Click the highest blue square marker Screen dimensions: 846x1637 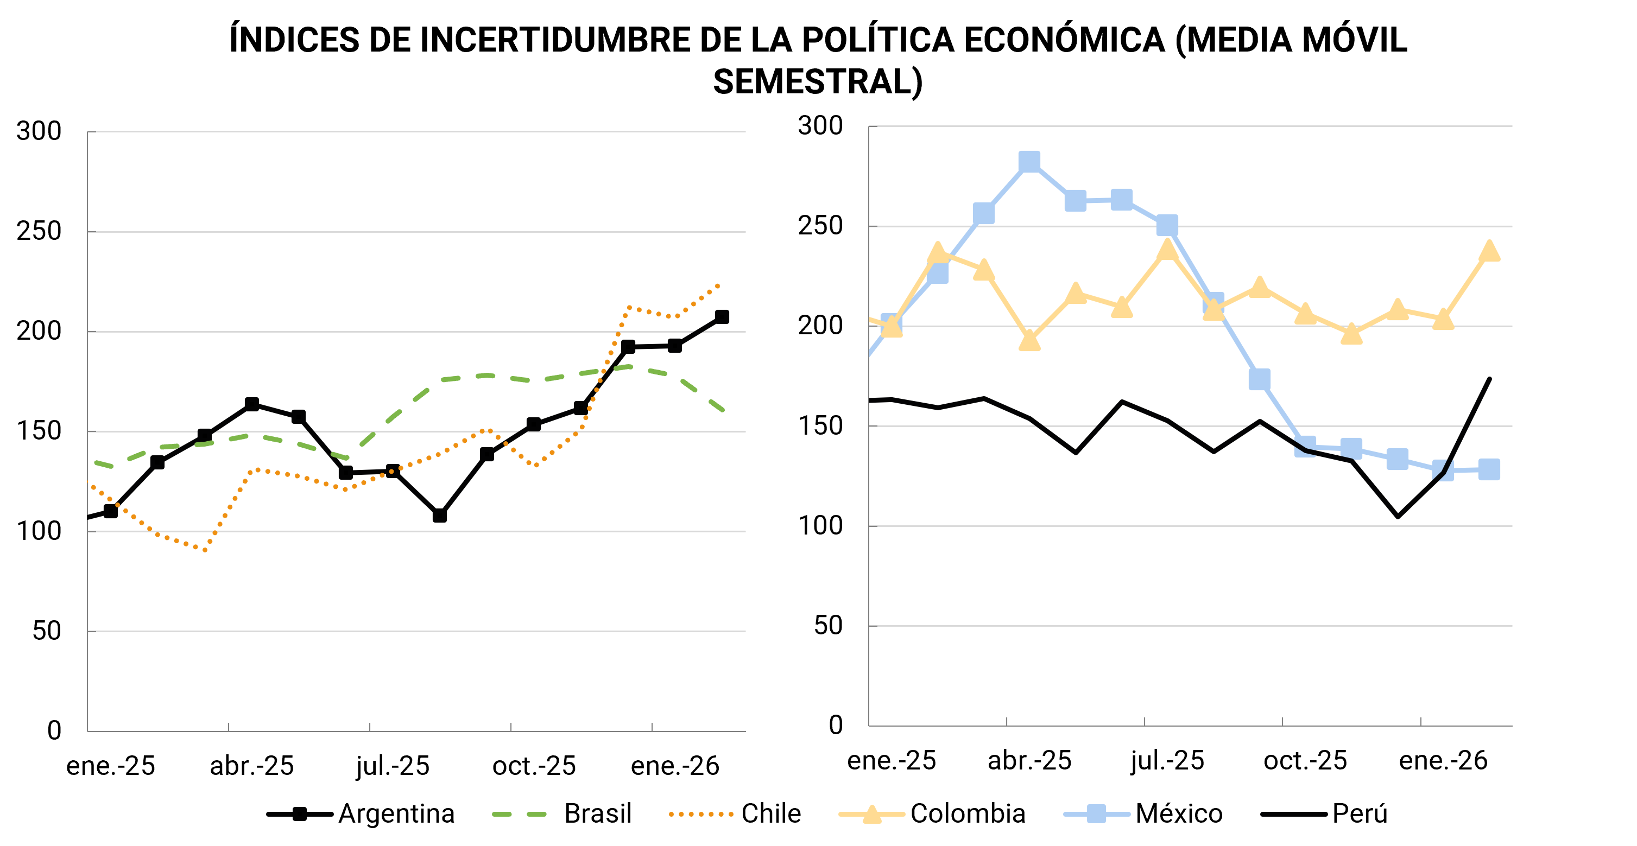click(1029, 161)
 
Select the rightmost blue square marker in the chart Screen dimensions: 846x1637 click(1489, 469)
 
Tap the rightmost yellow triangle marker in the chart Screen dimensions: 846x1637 click(1489, 251)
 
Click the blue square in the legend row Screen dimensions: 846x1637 click(1096, 813)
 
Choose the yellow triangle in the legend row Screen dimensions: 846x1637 click(872, 814)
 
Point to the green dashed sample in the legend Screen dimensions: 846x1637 click(519, 813)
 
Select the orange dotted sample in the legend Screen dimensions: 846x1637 click(701, 813)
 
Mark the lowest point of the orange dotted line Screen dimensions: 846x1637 click(205, 550)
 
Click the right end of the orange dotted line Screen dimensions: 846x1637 click(719, 285)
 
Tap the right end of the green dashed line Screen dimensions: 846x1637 click(723, 410)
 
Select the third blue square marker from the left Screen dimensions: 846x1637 click(984, 213)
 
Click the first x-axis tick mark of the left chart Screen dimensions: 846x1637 click(229, 727)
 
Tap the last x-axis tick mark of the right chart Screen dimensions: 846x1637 click(1420, 722)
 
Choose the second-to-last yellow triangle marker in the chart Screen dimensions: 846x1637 click(1443, 320)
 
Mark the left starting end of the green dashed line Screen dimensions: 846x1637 click(94, 462)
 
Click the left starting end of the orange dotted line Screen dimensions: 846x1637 click(93, 487)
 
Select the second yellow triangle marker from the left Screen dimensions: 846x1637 click(937, 253)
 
